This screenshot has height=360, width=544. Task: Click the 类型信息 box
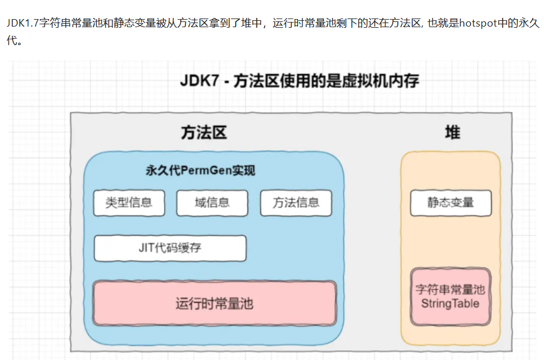click(x=129, y=203)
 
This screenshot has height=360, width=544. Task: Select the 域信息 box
click(x=212, y=203)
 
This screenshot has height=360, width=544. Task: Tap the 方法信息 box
click(x=296, y=203)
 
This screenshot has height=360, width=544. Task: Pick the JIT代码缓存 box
click(x=170, y=248)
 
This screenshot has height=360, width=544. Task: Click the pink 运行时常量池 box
click(x=214, y=303)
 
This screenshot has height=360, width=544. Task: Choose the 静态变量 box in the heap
click(x=450, y=203)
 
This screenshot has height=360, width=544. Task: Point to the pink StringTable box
click(x=450, y=296)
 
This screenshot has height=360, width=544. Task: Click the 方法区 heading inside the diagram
click(x=203, y=133)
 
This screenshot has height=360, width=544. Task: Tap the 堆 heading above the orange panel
click(x=452, y=133)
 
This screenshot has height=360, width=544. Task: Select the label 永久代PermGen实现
click(x=200, y=171)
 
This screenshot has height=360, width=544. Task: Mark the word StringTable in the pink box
click(x=450, y=304)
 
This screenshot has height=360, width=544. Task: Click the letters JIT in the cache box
click(x=146, y=248)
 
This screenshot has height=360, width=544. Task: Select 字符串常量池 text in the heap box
click(x=450, y=290)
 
